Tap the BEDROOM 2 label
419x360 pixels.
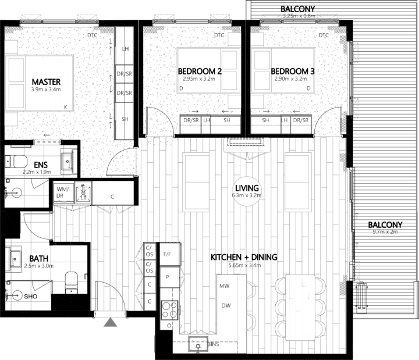(200, 72)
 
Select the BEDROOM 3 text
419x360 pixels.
(293, 72)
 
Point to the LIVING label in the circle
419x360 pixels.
(247, 188)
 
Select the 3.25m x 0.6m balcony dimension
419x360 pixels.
(298, 16)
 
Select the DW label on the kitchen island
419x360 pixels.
(225, 305)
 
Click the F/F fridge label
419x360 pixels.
(168, 254)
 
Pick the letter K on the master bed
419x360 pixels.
(65, 106)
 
